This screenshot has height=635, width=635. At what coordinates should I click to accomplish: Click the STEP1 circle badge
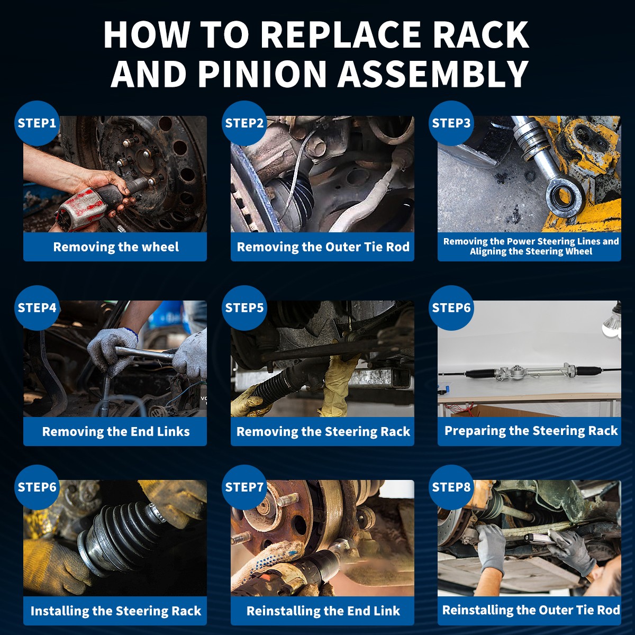coord(37,123)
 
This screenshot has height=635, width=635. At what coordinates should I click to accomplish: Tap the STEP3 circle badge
coord(451,123)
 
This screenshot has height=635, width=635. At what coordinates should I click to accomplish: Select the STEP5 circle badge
coord(244,308)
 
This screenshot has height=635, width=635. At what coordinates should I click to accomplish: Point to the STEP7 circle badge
coord(244,487)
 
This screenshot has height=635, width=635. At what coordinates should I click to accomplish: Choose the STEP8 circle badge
coord(451,487)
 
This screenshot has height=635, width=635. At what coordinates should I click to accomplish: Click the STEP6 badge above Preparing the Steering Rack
coord(451,308)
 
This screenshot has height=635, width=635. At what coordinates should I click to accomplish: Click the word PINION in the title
coord(262,73)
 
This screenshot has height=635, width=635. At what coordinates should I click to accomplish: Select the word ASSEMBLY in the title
coord(433,73)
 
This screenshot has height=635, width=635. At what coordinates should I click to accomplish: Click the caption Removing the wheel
coord(116,247)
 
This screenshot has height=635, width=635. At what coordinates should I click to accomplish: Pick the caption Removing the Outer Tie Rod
coord(323,247)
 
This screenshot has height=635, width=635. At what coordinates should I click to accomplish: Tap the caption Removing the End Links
coord(116,431)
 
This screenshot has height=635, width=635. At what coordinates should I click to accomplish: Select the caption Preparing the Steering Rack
coord(531,431)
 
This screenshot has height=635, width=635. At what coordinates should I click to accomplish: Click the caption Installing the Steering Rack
coord(116,611)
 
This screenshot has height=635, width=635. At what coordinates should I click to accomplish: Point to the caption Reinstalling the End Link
coord(323,611)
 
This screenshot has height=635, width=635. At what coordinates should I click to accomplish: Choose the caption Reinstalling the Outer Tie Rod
coord(531,610)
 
